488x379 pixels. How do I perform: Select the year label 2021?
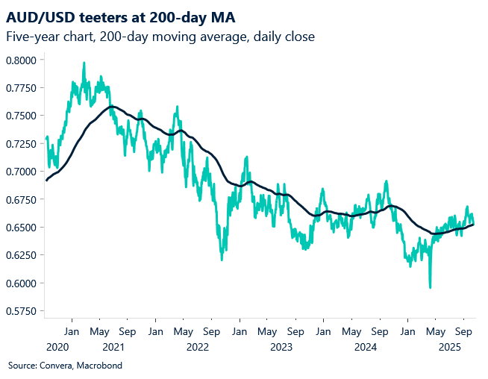pyautogui.click(x=113, y=347)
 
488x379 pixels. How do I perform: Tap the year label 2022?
pyautogui.click(x=197, y=347)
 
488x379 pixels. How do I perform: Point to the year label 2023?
pyautogui.click(x=281, y=347)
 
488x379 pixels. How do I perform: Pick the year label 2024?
pyautogui.click(x=365, y=347)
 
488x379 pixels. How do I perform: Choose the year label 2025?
pyautogui.click(x=448, y=347)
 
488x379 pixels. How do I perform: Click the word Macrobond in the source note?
pyautogui.click(x=98, y=366)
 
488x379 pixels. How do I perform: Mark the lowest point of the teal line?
pyautogui.click(x=430, y=287)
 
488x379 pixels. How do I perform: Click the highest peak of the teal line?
pyautogui.click(x=84, y=63)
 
